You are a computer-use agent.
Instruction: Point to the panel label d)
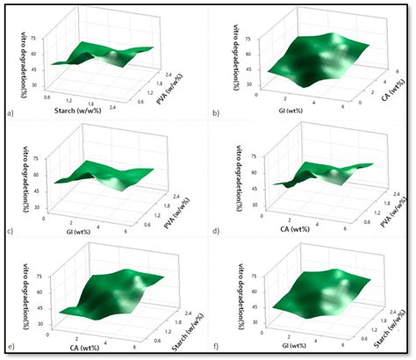coord(214,231)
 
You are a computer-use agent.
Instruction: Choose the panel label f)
coord(214,349)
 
